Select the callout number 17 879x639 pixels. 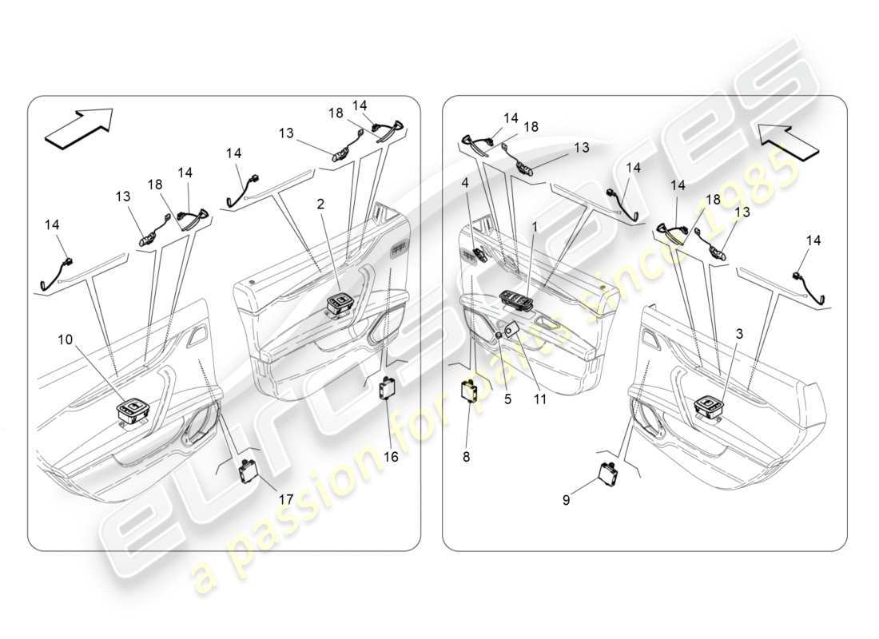click(285, 499)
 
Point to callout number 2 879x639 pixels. click(320, 204)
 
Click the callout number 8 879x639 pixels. click(467, 458)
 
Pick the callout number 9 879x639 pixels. click(566, 501)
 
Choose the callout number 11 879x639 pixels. click(540, 399)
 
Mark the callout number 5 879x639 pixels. click(507, 399)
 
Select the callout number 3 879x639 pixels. click(739, 335)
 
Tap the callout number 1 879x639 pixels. click(535, 228)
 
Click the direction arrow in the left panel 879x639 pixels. click(79, 128)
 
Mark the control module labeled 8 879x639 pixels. click(469, 393)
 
